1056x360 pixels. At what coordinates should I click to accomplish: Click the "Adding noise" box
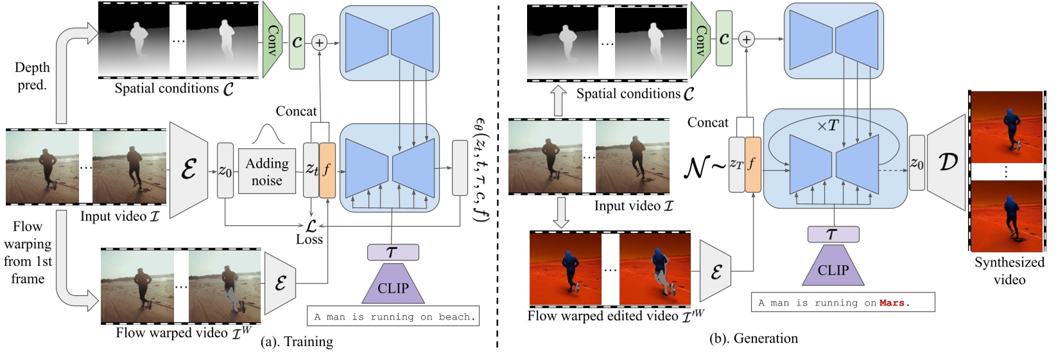point(266,171)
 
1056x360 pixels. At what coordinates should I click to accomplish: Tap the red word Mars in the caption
point(892,303)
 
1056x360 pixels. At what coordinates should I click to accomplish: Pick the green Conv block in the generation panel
point(702,40)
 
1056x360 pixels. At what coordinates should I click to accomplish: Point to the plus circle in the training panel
point(319,42)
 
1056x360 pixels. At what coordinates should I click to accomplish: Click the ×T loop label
point(827,126)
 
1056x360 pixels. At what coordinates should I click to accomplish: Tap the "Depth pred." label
point(31,76)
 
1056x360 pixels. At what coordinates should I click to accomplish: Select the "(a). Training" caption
point(297,341)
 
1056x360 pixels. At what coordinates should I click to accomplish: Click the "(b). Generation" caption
point(753,338)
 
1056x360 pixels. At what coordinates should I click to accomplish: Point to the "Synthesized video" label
point(1009,271)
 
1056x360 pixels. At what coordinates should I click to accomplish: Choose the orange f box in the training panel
point(327,170)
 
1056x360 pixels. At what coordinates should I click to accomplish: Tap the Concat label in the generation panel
point(707,123)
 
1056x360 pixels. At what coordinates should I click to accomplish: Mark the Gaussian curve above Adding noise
point(268,134)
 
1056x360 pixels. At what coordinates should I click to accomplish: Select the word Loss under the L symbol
point(309,239)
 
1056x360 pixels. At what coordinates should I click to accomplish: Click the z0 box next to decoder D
point(917,163)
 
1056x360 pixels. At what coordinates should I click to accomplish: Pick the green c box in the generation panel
point(724,39)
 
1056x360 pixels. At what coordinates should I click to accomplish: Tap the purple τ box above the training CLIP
point(393,252)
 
